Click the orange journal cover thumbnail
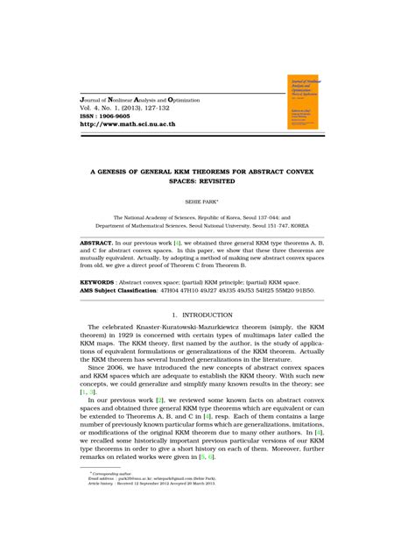tap(306, 102)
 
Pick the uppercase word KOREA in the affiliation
tap(319, 225)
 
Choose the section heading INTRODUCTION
tap(215, 314)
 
